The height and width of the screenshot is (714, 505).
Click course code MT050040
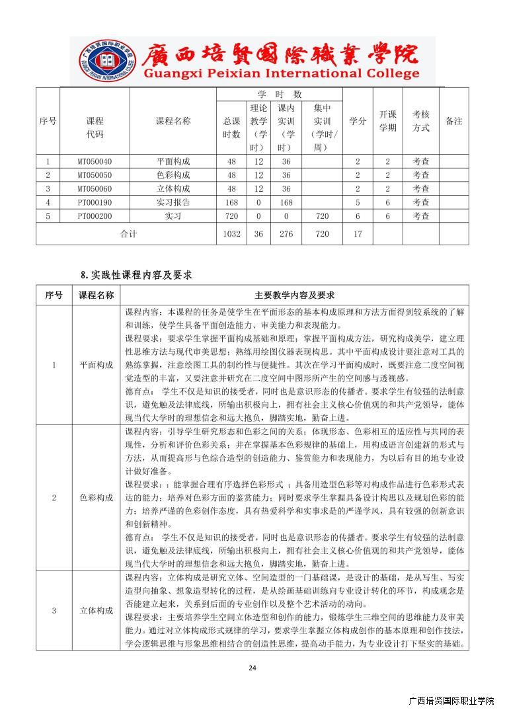pyautogui.click(x=95, y=161)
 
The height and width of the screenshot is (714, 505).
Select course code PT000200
pyautogui.click(x=95, y=216)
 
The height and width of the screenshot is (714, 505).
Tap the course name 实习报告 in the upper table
pyautogui.click(x=173, y=202)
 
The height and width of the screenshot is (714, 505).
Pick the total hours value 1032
pyautogui.click(x=231, y=234)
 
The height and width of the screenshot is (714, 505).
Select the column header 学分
pyautogui.click(x=358, y=121)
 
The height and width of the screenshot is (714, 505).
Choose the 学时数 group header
pyautogui.click(x=279, y=95)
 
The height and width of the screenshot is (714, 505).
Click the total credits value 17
pyautogui.click(x=358, y=234)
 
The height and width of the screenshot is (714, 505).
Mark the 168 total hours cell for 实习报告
pyautogui.click(x=231, y=202)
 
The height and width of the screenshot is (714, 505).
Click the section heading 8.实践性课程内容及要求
pyautogui.click(x=136, y=274)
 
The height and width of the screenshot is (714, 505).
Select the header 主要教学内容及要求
pyautogui.click(x=294, y=295)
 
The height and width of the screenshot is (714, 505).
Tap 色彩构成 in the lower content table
pyautogui.click(x=96, y=496)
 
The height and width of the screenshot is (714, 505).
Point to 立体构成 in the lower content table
pyautogui.click(x=96, y=610)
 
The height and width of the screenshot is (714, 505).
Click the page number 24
pyautogui.click(x=252, y=668)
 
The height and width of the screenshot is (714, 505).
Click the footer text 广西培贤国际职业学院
pyautogui.click(x=451, y=701)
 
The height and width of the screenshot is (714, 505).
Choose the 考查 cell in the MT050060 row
pyautogui.click(x=421, y=188)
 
